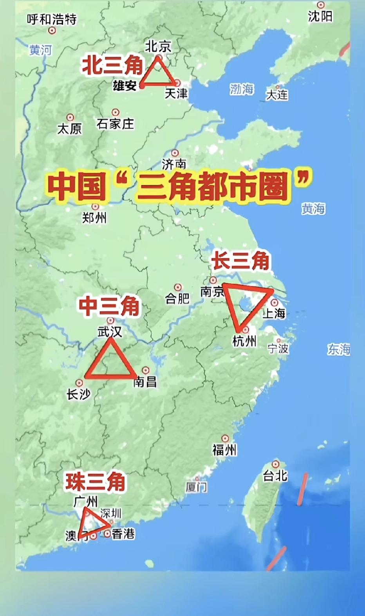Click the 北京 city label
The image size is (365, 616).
(x=158, y=46)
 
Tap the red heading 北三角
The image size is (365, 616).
(x=112, y=65)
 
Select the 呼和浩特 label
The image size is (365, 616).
(x=52, y=19)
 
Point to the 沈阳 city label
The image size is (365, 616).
(x=320, y=16)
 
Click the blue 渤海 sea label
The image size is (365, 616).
(x=242, y=89)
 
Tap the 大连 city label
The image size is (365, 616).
(x=277, y=95)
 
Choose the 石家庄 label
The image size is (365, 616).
(x=115, y=124)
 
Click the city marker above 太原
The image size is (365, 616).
(x=70, y=118)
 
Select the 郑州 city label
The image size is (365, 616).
(x=94, y=218)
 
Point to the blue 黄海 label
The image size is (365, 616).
(x=313, y=209)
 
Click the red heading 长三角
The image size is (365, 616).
(x=240, y=261)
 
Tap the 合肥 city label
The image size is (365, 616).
(x=177, y=299)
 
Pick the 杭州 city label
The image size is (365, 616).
(x=244, y=341)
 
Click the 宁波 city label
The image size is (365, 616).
(x=278, y=348)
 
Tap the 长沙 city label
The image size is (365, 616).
(x=78, y=394)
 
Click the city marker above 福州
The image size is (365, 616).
(x=225, y=438)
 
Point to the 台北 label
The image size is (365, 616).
(x=275, y=476)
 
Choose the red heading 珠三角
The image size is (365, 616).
(x=95, y=482)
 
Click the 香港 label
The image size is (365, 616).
(x=123, y=534)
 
